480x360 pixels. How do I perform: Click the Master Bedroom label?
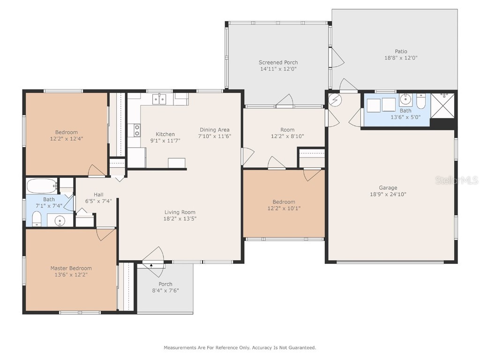coord(71,268)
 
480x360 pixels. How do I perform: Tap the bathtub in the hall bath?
coord(42,186)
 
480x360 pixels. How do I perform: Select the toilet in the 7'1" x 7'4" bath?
coord(37,218)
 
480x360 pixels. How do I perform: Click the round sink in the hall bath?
coord(59,220)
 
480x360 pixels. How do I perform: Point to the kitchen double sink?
coord(159,99)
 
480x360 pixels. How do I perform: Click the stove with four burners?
coord(137,130)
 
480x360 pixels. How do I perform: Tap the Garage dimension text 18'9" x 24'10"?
coord(388,194)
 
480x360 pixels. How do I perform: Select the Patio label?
coord(401,52)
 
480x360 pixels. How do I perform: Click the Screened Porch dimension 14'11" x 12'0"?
coord(278,69)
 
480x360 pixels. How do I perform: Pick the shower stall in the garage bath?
coord(442,105)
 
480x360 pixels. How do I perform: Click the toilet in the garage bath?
coord(421,101)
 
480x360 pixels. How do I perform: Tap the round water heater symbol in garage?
coord(335,99)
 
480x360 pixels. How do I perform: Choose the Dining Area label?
coord(215,130)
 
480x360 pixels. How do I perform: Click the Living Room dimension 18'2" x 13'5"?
coord(180,218)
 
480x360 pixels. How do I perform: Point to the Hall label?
coord(98,195)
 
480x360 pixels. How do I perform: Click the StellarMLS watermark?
coord(457,180)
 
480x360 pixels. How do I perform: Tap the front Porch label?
coord(165,284)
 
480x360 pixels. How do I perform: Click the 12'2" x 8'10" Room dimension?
coord(287,136)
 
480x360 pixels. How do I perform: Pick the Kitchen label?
coord(165,134)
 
